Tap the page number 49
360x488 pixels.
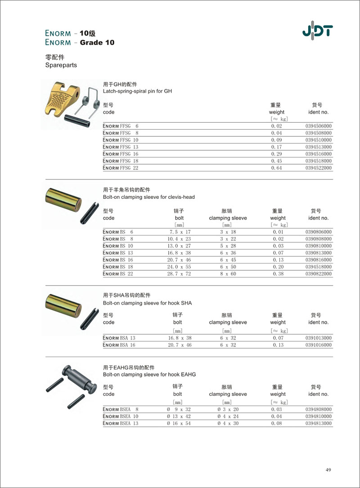tap(328, 470)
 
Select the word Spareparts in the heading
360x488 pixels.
tap(61, 65)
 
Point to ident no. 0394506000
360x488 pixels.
tap(318, 126)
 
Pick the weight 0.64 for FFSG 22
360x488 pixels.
tap(276, 168)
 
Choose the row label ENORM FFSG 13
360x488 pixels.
tap(120, 147)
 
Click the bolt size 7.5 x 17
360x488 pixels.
tap(179, 232)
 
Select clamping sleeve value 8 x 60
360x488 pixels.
tap(228, 274)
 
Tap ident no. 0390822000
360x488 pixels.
tap(318, 274)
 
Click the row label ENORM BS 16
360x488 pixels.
tap(118, 260)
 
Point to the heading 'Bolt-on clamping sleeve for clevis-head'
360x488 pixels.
tap(149, 197)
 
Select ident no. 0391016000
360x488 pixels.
tap(318, 345)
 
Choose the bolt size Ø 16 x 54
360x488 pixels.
tap(179, 424)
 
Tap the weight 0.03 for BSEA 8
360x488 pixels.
tap(276, 410)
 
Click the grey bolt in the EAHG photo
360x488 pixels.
tap(79, 377)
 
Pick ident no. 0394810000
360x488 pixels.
tap(318, 416)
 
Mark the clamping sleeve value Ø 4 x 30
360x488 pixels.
tap(228, 424)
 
